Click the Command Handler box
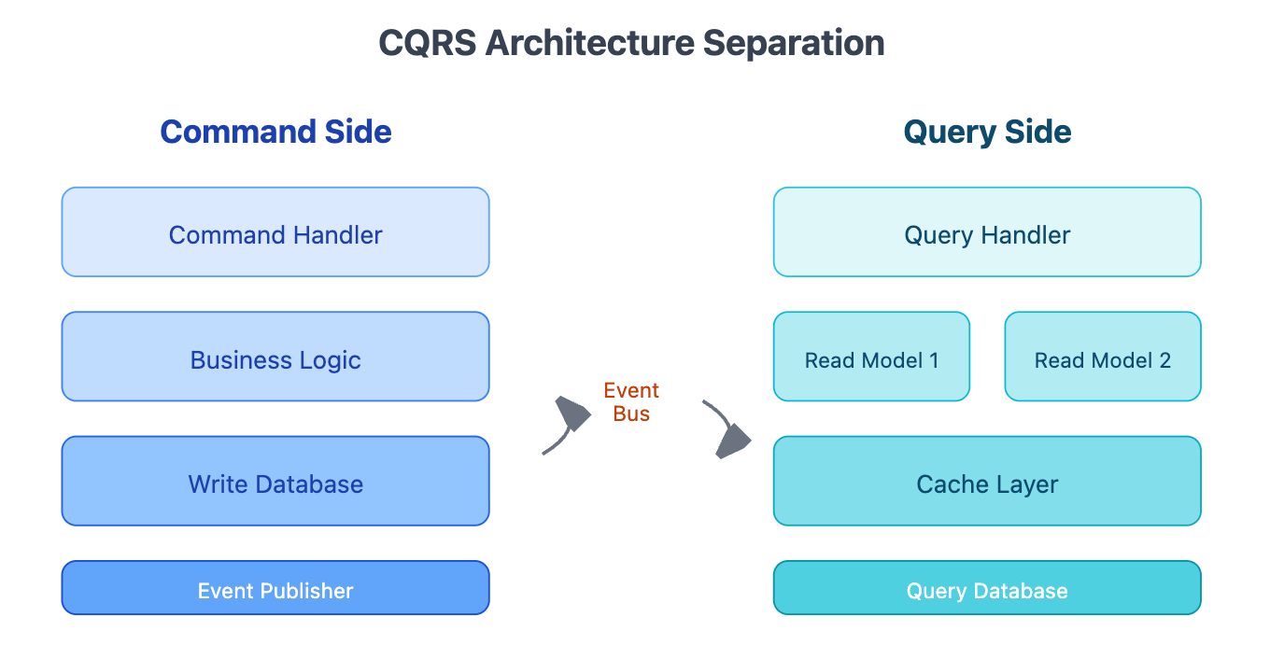click(x=275, y=231)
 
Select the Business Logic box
click(x=275, y=357)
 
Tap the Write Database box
click(x=275, y=481)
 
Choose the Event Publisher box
click(x=275, y=588)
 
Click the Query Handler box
click(x=987, y=231)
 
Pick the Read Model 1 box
click(x=871, y=357)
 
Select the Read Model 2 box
click(x=1103, y=357)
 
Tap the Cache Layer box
click(x=987, y=481)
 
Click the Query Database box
click(x=987, y=588)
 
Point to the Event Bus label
click(x=631, y=401)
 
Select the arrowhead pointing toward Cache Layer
click(x=734, y=441)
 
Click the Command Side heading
click(x=275, y=132)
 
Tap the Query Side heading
click(x=987, y=133)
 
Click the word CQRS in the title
click(x=428, y=43)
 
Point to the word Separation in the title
click(x=794, y=44)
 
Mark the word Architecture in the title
click(x=589, y=43)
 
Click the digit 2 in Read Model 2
click(x=1165, y=360)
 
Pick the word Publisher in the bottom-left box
click(x=306, y=591)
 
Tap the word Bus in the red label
click(x=631, y=414)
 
